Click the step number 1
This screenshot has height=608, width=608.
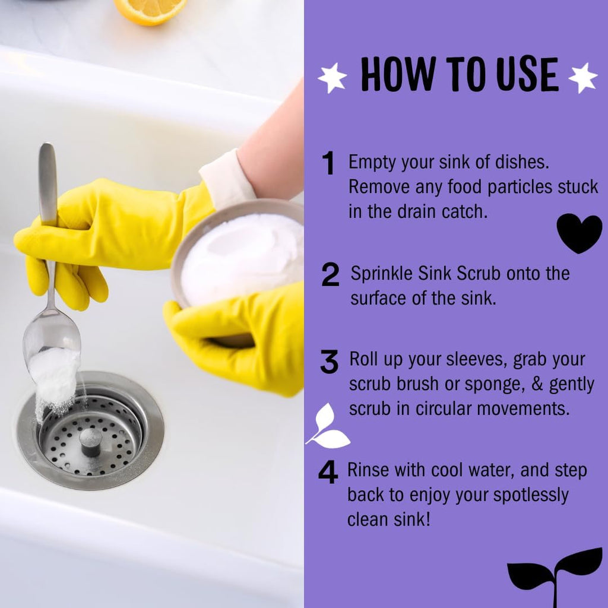pyautogui.click(x=328, y=164)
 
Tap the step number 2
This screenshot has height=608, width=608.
pyautogui.click(x=330, y=275)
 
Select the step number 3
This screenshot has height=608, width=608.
pyautogui.click(x=329, y=362)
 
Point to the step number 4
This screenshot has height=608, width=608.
pyautogui.click(x=328, y=473)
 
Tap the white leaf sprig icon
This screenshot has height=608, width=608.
pyautogui.click(x=328, y=426)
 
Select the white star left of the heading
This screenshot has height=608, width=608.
pyautogui.click(x=332, y=77)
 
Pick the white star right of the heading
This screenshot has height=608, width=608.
pyautogui.click(x=582, y=77)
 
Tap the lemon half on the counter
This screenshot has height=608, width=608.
pyautogui.click(x=150, y=11)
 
